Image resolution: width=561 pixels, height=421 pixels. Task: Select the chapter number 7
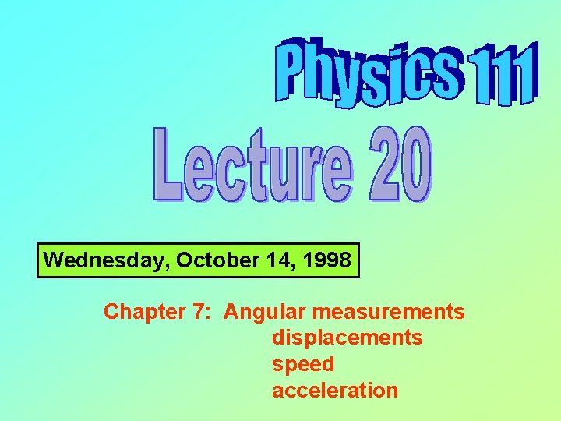[x=197, y=312]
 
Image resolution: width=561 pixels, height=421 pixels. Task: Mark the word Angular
[x=266, y=313]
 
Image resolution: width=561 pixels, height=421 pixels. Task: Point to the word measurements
[x=389, y=312]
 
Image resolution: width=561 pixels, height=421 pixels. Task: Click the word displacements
[x=347, y=338]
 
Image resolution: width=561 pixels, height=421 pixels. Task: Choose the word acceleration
[x=334, y=390]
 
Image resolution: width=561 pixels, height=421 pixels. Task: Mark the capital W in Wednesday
[x=54, y=260]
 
